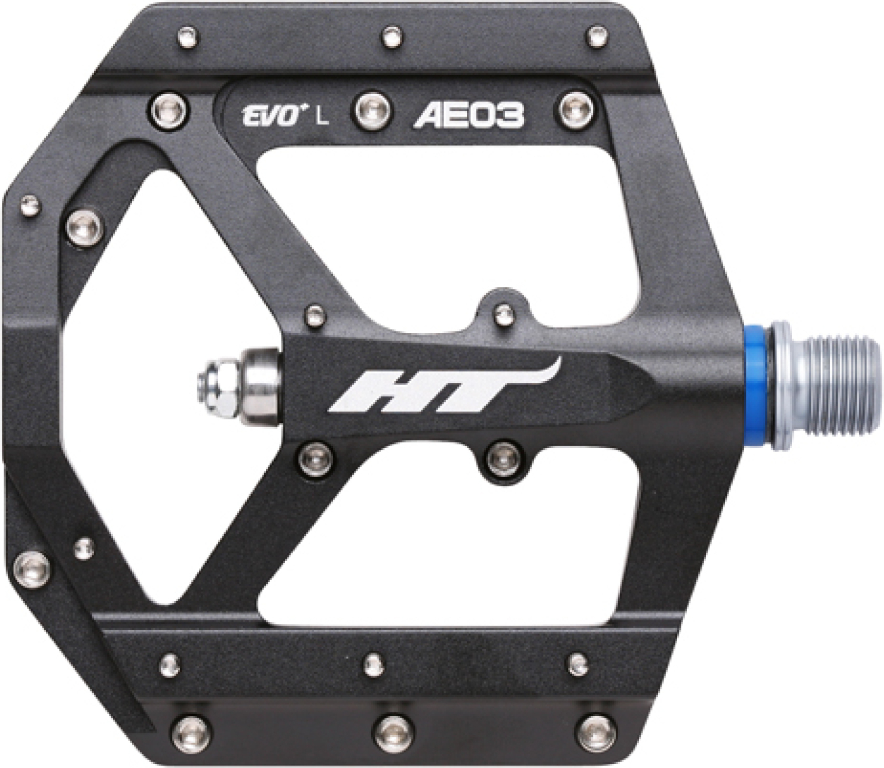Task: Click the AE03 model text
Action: pyautogui.click(x=469, y=116)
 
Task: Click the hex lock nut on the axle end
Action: pyautogui.click(x=218, y=391)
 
